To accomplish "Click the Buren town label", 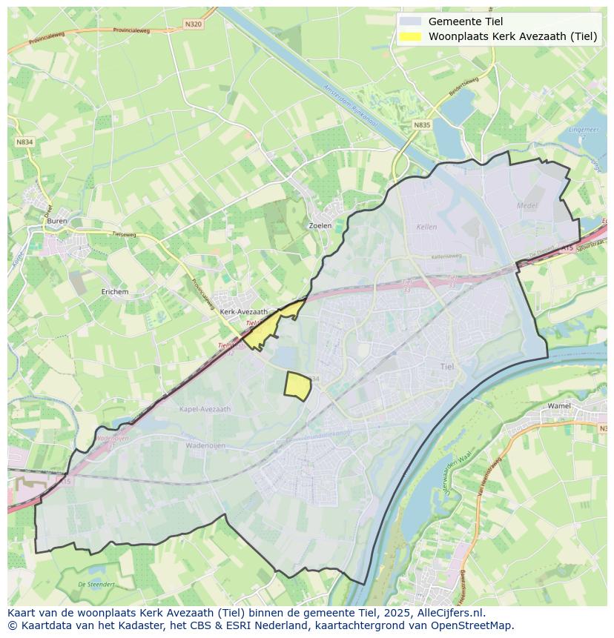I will [56, 221].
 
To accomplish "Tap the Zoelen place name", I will [320, 225].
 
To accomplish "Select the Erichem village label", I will [115, 292].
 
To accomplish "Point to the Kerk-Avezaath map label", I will [243, 312].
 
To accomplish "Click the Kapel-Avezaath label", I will [205, 409].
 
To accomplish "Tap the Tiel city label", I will [447, 367].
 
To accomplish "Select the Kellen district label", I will [427, 227].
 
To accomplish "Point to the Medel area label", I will [526, 205].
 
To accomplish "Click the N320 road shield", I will [193, 24].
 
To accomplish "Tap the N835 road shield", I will [422, 125].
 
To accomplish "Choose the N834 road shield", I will [24, 142].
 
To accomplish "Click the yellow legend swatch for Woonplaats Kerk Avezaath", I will [409, 36].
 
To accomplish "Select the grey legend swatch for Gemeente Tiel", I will [409, 21].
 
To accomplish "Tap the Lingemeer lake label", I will [578, 130].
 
